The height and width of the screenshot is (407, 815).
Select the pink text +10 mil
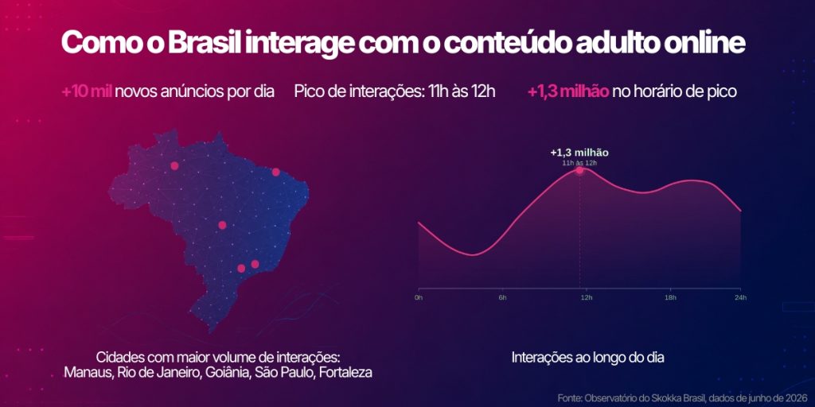87,92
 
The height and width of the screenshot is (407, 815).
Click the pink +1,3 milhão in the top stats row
568,92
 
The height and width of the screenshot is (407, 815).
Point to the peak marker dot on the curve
579,170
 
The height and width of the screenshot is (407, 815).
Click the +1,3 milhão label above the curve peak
579,153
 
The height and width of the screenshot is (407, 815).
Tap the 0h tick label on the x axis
419,297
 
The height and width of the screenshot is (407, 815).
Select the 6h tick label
503,297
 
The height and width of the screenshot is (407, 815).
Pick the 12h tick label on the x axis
587,297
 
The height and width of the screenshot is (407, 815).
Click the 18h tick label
670,297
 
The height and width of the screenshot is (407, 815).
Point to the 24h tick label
741,297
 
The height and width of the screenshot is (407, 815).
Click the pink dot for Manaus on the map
174,165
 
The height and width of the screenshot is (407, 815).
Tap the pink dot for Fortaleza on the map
276,172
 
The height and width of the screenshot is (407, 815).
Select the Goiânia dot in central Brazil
223,225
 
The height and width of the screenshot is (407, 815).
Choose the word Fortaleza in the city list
345,373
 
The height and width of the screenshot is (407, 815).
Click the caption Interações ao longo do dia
588,359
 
